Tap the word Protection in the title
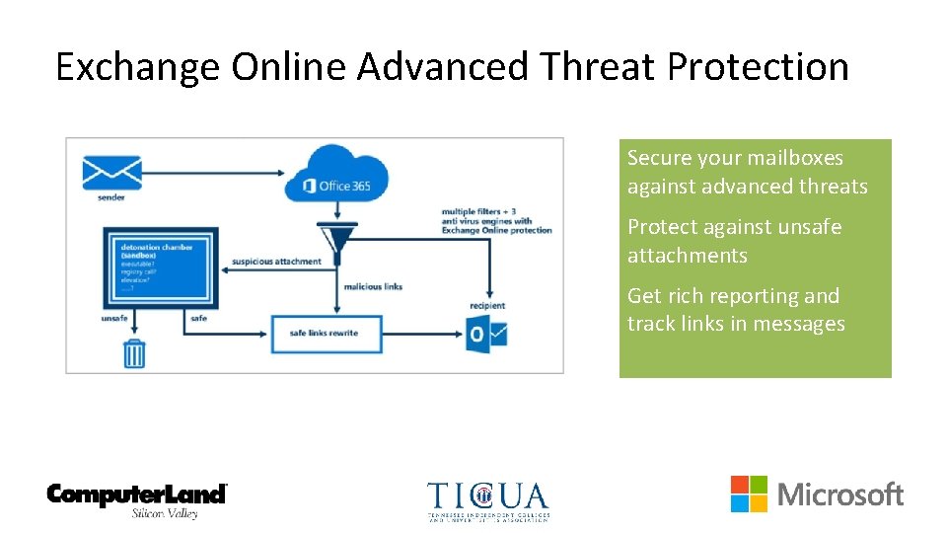(758, 67)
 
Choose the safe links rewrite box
(325, 333)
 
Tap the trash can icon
(134, 352)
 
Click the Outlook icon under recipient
(487, 333)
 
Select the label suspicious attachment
(276, 262)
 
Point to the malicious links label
(373, 287)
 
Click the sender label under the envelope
(110, 197)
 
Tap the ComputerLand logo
(138, 498)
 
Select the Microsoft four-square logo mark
(749, 494)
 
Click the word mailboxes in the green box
(793, 158)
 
